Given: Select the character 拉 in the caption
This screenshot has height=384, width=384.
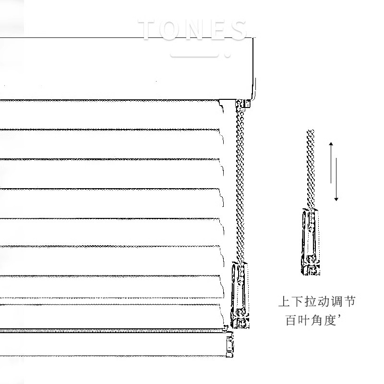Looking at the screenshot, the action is (x=311, y=302).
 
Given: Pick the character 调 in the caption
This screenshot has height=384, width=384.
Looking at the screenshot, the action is (x=337, y=302).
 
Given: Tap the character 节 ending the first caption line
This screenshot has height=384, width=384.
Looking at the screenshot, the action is (x=350, y=302).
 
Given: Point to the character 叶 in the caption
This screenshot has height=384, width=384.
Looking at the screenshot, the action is (x=305, y=320).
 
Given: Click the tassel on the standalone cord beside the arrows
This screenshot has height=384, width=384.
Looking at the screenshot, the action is (x=310, y=242).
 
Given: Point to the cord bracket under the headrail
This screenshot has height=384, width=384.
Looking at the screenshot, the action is (x=244, y=103).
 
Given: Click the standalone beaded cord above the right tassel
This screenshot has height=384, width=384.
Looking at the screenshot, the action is (x=311, y=168).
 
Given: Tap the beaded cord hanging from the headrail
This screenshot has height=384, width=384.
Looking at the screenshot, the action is (x=240, y=182).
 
